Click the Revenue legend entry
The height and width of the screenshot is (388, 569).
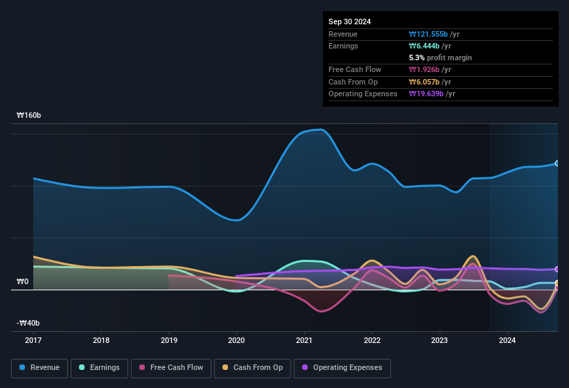click(x=40, y=367)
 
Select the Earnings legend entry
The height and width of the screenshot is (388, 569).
click(x=98, y=367)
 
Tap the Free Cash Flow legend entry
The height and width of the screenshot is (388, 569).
click(x=171, y=367)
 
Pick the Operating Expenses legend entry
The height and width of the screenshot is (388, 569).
click(x=342, y=367)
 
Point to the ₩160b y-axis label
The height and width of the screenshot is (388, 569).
click(x=30, y=116)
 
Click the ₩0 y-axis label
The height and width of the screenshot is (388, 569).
click(x=23, y=281)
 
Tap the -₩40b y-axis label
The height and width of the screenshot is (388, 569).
click(x=28, y=323)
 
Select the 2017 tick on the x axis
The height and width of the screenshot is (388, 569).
click(x=33, y=340)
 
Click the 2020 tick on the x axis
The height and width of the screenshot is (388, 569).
click(x=236, y=340)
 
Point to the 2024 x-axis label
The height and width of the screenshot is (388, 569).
click(x=507, y=340)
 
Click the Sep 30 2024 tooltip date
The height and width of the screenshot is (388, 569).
click(x=350, y=21)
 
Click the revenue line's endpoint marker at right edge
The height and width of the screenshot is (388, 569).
click(x=557, y=164)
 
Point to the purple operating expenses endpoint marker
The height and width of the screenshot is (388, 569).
click(x=557, y=269)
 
